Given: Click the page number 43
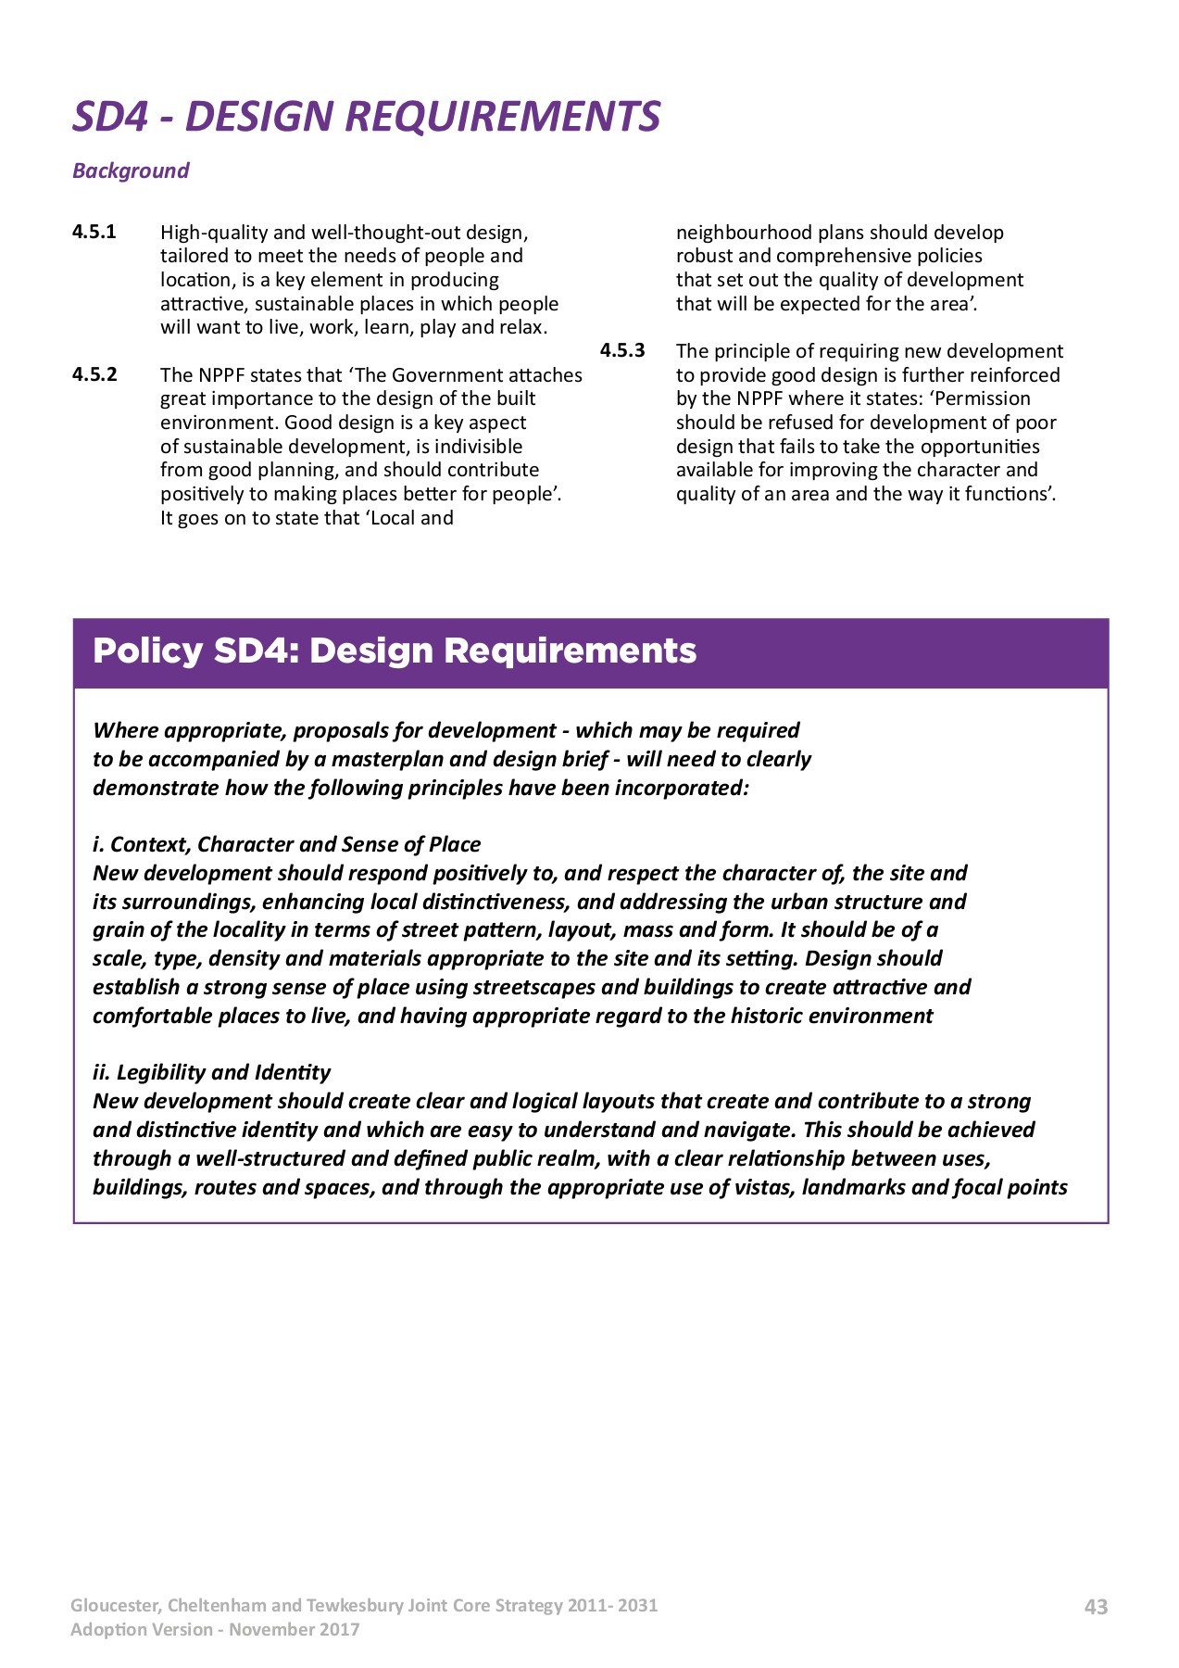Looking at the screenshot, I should [x=1096, y=1607].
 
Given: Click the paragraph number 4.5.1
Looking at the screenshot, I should [x=94, y=232].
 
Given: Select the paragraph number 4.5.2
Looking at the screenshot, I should [x=94, y=374].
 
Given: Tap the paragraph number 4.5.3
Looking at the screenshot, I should [x=622, y=350].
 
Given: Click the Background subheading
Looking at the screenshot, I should [x=131, y=171].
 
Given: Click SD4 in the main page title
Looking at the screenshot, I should [x=110, y=117].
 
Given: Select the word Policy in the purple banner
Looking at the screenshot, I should [x=147, y=651].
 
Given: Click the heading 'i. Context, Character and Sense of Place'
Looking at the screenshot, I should [x=286, y=844].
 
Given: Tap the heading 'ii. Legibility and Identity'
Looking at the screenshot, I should [x=211, y=1072].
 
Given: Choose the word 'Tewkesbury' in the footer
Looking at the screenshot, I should [x=356, y=1606].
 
